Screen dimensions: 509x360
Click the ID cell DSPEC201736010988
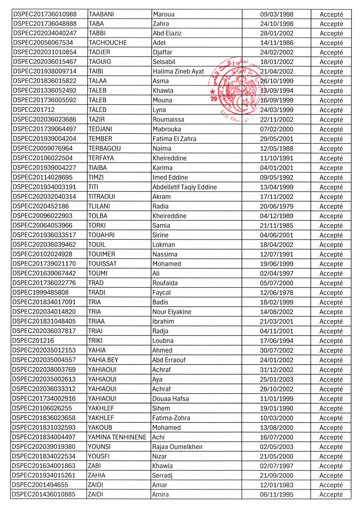[x=45, y=14]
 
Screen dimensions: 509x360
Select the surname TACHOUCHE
[x=108, y=43]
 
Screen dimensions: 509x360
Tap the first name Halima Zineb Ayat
[x=179, y=72]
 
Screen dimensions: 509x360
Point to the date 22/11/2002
[x=277, y=120]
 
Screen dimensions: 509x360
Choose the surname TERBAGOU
[x=107, y=149]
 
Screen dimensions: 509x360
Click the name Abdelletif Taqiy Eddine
[x=185, y=187]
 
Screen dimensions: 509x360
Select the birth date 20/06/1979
[x=277, y=206]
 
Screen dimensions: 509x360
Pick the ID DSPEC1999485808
[x=41, y=293]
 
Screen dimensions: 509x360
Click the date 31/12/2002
[x=277, y=370]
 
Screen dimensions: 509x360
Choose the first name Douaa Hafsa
[x=170, y=399]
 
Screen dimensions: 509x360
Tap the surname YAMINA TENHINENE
[x=117, y=437]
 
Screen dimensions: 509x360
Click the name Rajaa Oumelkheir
[x=177, y=447]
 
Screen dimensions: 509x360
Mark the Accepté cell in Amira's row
[x=331, y=495]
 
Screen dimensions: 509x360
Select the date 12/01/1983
[x=277, y=485]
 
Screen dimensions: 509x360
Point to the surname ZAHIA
[x=97, y=475]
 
